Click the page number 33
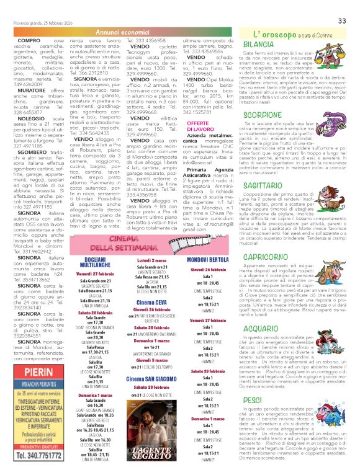342,21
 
